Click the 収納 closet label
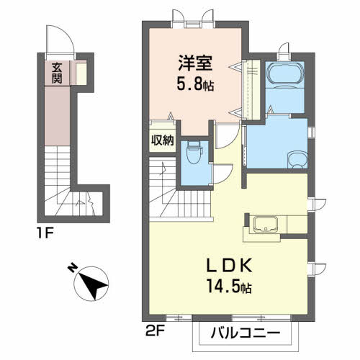(163, 140)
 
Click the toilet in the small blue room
(193, 153)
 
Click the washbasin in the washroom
(295, 158)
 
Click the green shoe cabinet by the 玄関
(82, 73)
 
